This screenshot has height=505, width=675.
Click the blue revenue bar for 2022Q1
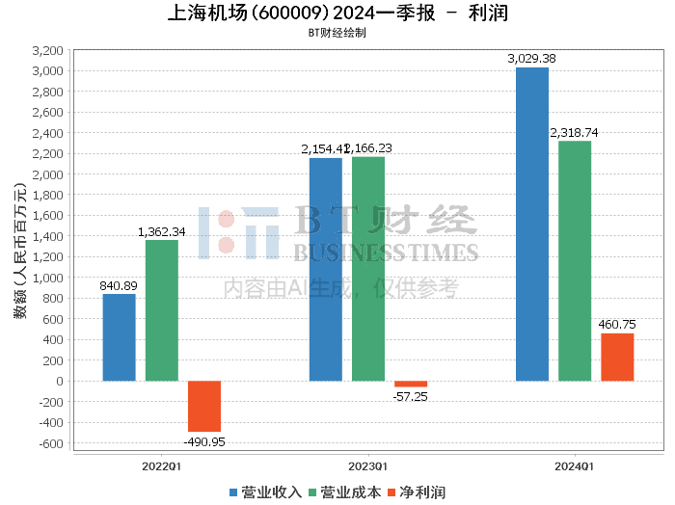click(120, 337)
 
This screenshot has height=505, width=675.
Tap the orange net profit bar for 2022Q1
click(204, 406)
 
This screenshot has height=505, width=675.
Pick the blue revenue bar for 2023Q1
click(326, 269)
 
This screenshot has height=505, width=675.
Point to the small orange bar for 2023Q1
click(411, 384)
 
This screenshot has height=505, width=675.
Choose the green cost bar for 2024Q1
click(575, 260)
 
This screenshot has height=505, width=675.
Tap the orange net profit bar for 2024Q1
click(617, 357)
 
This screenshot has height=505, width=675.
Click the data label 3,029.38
click(532, 59)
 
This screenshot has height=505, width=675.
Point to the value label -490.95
click(204, 441)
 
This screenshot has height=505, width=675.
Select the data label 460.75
click(617, 325)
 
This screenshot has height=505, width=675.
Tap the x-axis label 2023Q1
click(368, 465)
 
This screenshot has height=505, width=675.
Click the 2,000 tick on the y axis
click(47, 174)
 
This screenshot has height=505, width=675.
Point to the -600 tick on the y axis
click(49, 443)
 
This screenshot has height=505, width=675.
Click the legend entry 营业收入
click(266, 492)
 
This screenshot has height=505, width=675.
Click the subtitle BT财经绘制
click(337, 32)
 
